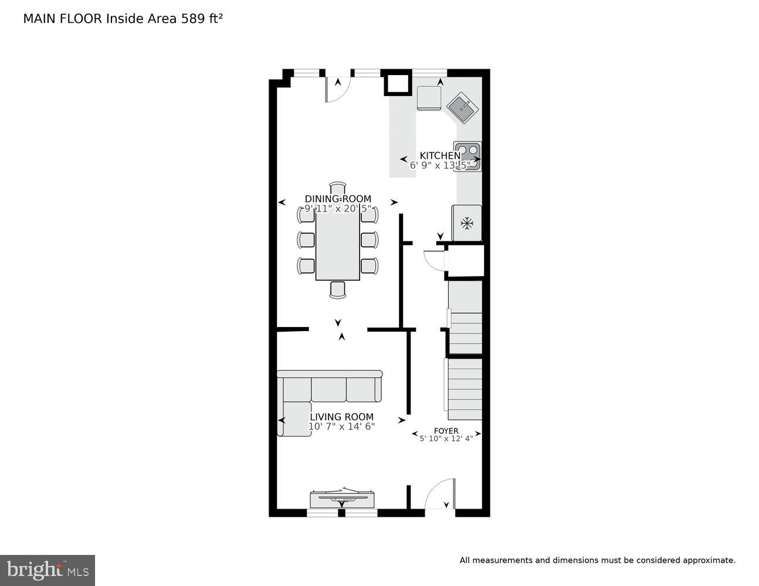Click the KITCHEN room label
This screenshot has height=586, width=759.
pos(440,155)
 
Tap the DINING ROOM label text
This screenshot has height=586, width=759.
pos(338,199)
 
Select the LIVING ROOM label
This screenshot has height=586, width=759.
pos(341,417)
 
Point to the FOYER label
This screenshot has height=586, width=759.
pos(446,431)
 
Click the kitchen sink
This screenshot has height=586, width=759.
pos(463,107)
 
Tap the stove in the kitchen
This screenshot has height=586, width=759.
pos(467,156)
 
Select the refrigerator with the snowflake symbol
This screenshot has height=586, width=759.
pos(466,223)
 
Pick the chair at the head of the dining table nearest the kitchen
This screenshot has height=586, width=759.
pos(338,188)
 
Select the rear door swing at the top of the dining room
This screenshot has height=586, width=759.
pos(337,88)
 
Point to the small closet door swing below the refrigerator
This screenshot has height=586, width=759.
pos(435,260)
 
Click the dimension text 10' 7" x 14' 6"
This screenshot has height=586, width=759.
pos(341,427)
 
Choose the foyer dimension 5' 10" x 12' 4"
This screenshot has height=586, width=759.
pos(446,438)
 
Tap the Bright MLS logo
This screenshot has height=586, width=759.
pos(48,570)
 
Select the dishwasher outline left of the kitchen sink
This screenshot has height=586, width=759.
pos(429,97)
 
